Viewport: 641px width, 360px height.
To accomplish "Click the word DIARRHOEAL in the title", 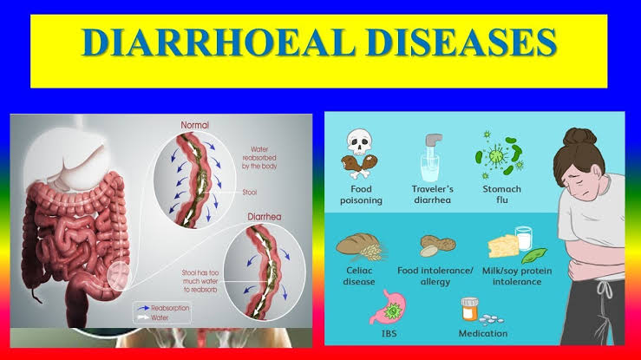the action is [x=219, y=43].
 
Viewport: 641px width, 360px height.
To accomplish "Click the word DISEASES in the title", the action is [x=462, y=43].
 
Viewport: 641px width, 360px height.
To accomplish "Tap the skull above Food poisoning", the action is [x=359, y=142].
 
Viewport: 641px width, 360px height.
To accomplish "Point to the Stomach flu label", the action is [x=501, y=194].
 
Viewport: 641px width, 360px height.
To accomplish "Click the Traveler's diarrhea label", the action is [x=433, y=194].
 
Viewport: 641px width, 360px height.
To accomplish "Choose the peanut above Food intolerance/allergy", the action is [x=437, y=245].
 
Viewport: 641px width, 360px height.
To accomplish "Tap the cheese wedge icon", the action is [x=503, y=246].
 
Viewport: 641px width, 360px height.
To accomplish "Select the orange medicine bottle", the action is [x=470, y=310].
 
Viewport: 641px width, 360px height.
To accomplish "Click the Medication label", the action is [x=483, y=333].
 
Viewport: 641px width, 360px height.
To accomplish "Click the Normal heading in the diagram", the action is [x=194, y=125].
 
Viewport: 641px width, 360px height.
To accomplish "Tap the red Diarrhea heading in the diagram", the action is [x=265, y=217].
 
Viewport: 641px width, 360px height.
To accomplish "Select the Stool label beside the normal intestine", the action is [x=249, y=192].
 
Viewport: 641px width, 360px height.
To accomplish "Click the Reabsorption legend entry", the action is [x=164, y=308].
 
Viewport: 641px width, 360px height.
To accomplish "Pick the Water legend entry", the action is [x=153, y=317].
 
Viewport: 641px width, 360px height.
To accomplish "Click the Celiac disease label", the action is [x=359, y=276].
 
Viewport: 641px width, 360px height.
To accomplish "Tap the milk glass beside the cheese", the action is [x=524, y=239].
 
